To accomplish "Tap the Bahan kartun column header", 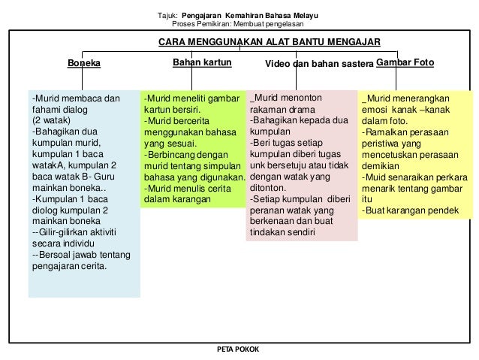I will tap(202, 62).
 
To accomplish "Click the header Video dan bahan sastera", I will tap(319, 64).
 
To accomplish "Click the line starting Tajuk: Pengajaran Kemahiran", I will tap(239, 14).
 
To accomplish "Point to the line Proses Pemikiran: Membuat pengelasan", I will tap(239, 23).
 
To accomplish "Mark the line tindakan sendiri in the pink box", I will tap(282, 232).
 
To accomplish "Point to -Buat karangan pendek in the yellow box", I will tap(410, 210).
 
